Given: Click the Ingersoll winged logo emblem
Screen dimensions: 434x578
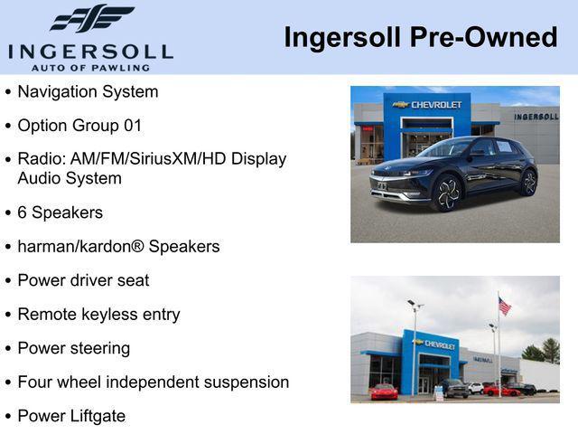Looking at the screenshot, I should tap(91, 18).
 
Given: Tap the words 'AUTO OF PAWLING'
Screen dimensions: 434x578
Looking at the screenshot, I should tap(90, 67).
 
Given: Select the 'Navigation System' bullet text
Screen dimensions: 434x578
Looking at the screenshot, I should tap(88, 91).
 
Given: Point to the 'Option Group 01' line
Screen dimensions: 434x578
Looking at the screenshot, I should tap(79, 126).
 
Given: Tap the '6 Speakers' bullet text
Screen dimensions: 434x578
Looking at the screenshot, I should tap(60, 212).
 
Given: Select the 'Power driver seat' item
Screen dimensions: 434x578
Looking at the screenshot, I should tap(83, 280).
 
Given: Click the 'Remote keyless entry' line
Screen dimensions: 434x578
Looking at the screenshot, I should tap(98, 315).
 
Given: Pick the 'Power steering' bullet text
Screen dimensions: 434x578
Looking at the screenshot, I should tap(74, 348).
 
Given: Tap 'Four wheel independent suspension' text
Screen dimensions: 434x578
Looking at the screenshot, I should tap(153, 382).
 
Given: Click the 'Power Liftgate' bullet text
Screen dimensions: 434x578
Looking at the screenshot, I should tap(71, 416).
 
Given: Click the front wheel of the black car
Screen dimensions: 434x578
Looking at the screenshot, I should tap(446, 193).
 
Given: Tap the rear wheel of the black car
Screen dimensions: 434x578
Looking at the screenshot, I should tap(528, 183).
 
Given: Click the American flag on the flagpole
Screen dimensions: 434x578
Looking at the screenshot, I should tap(504, 307).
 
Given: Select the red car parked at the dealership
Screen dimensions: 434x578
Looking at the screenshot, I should tap(384, 392).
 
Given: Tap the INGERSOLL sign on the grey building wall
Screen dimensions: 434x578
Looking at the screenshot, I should tap(536, 117).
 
